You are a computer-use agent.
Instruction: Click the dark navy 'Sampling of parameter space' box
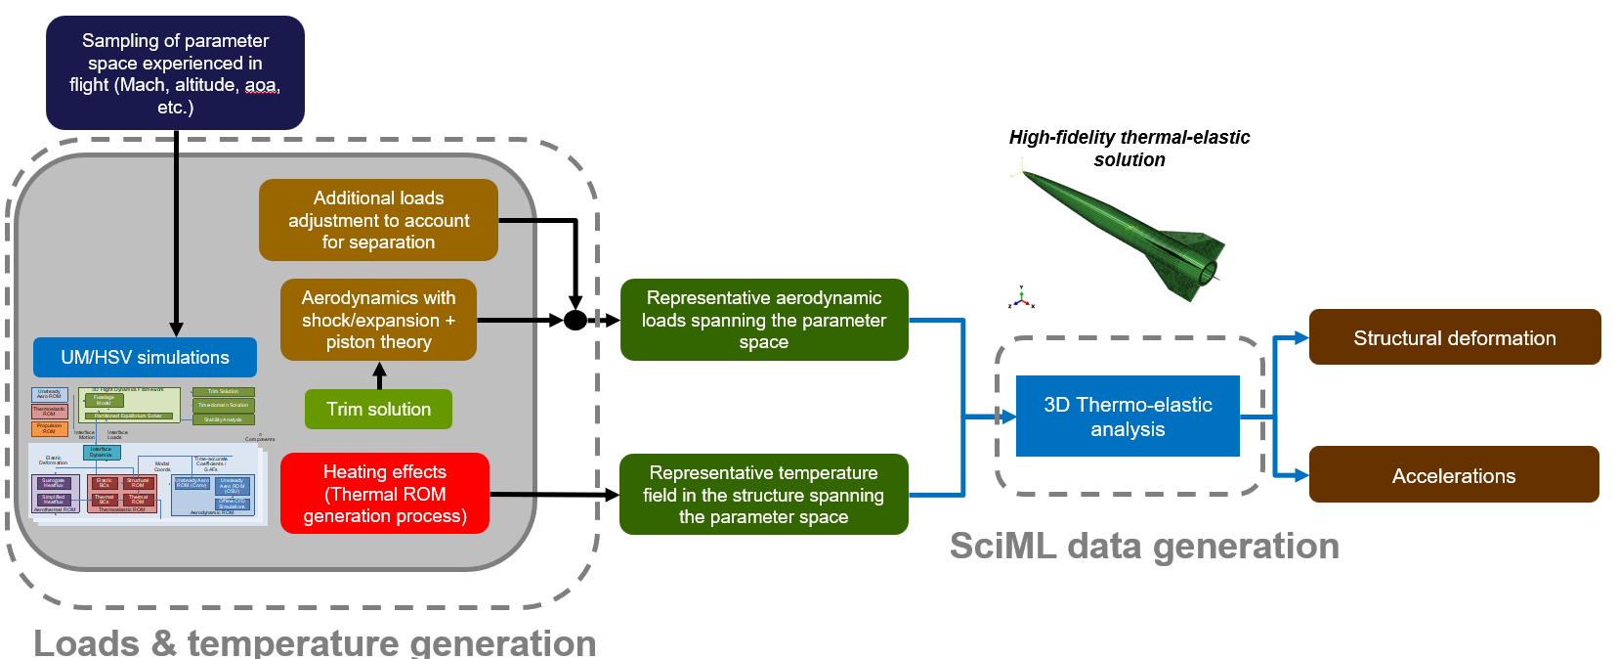pos(175,72)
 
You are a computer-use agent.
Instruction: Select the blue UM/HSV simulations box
pos(145,357)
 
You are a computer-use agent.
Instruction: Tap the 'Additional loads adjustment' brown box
pos(378,220)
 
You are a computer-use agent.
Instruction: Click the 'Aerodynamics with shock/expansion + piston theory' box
pos(378,320)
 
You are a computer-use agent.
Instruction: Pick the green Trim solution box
pos(378,409)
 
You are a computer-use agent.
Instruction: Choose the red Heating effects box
pos(384,494)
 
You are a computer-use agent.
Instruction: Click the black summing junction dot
pos(575,320)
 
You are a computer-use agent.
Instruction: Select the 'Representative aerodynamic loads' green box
pos(763,320)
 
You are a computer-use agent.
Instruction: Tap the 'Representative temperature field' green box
pos(763,495)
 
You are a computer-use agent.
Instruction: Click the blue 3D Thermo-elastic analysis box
pos(1128,417)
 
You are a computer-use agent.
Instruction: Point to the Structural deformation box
pos(1454,338)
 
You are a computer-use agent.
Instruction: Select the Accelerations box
pos(1453,475)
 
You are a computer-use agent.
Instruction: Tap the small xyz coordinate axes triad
pos(1021,299)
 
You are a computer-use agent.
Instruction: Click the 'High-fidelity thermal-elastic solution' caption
pos(1129,149)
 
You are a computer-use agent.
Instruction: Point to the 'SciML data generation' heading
pos(1144,546)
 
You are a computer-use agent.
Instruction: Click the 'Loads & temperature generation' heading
pos(315,642)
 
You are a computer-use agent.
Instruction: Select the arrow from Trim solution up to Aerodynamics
pos(380,375)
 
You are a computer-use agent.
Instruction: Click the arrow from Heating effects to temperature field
pos(554,495)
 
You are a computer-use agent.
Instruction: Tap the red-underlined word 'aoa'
pos(261,85)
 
